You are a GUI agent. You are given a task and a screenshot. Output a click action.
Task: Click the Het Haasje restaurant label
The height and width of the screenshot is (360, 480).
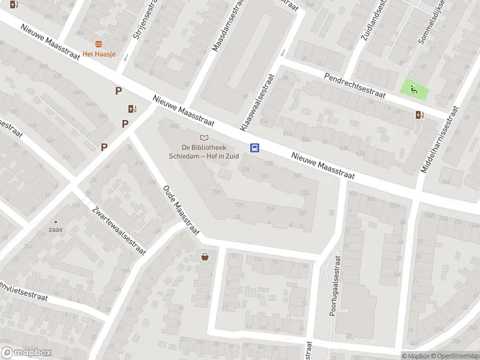(100, 54)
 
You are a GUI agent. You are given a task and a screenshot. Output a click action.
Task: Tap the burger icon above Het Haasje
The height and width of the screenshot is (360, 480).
(98, 44)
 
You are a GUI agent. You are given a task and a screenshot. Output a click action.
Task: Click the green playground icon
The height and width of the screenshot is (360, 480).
(414, 90)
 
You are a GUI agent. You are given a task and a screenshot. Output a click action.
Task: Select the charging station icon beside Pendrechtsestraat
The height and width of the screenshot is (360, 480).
(419, 115)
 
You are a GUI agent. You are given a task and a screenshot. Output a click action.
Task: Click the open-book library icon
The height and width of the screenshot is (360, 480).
(205, 138)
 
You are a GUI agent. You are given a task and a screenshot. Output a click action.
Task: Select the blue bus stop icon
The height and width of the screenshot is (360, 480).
(254, 148)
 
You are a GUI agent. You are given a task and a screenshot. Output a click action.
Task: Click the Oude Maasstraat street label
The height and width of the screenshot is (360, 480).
(181, 209)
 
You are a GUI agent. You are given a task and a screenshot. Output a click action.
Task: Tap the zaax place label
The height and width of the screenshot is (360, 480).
(56, 229)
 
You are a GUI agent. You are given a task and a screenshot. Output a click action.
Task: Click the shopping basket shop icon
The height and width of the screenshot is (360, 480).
(205, 257)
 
